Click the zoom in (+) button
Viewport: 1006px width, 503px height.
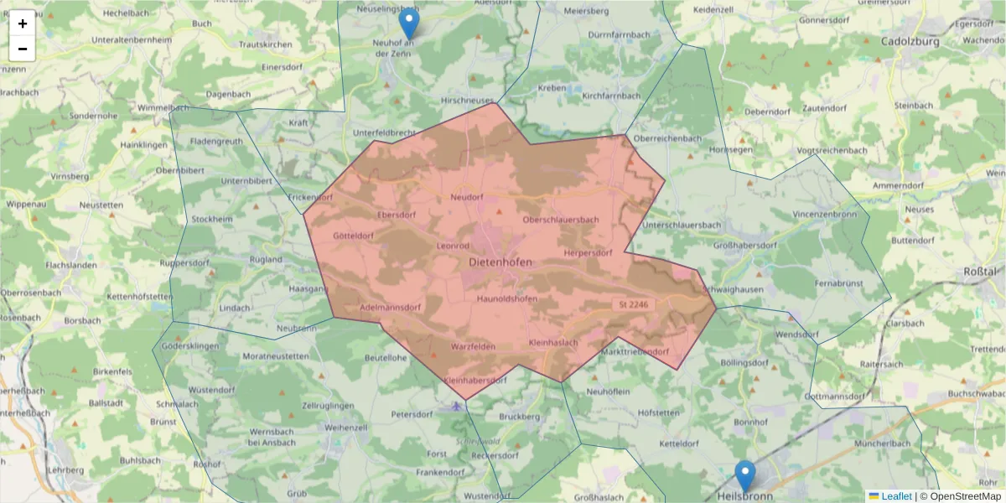(23, 23)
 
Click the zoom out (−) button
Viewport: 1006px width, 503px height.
(23, 49)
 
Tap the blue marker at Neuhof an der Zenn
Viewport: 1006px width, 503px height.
(409, 23)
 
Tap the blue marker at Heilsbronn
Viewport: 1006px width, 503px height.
(744, 475)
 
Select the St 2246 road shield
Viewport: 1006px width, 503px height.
(634, 304)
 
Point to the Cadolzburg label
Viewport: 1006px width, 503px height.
(909, 40)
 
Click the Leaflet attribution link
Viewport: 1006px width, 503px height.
(896, 496)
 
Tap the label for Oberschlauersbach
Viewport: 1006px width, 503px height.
(560, 220)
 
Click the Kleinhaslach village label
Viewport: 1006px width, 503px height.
(554, 343)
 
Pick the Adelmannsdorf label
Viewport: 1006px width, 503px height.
(390, 308)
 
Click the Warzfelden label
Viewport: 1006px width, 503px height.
(474, 346)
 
